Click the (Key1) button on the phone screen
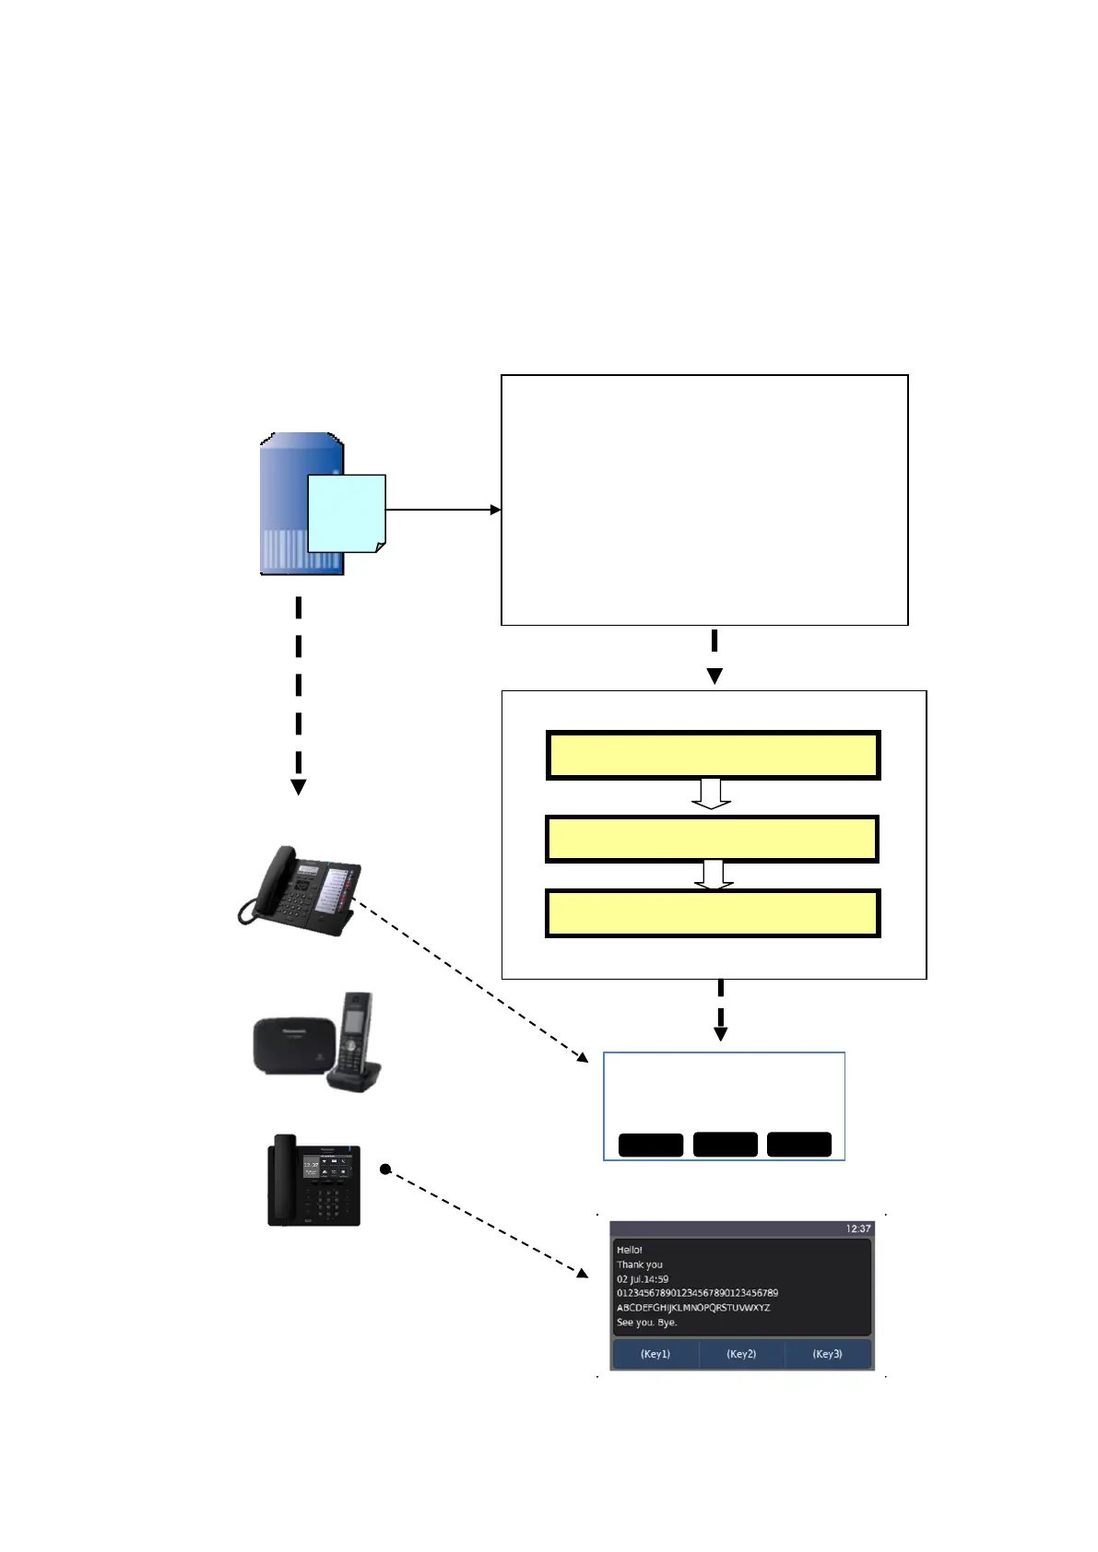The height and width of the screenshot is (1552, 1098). click(655, 1354)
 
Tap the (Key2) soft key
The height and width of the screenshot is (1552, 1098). click(741, 1354)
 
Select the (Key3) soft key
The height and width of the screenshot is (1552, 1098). click(827, 1354)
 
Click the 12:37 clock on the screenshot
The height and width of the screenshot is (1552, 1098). click(857, 1229)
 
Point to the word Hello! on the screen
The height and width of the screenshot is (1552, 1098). click(630, 1251)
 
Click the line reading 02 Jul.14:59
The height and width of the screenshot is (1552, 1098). click(643, 1279)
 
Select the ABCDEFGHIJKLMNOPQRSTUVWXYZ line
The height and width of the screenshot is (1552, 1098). click(693, 1308)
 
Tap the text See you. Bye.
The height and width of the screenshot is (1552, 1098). click(647, 1323)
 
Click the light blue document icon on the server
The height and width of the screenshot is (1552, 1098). click(346, 513)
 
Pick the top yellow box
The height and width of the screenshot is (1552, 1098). click(713, 756)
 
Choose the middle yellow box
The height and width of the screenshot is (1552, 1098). click(712, 839)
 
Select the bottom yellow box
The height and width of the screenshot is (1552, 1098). click(713, 913)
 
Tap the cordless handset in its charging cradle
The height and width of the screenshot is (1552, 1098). click(355, 1037)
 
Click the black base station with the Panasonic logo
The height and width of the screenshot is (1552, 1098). click(290, 1043)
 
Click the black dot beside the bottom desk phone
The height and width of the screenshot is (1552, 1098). click(385, 1170)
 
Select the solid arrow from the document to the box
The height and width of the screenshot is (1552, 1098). click(443, 510)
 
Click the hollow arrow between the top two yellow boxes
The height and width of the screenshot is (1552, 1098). click(712, 794)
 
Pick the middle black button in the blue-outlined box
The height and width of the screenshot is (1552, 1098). click(725, 1145)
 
